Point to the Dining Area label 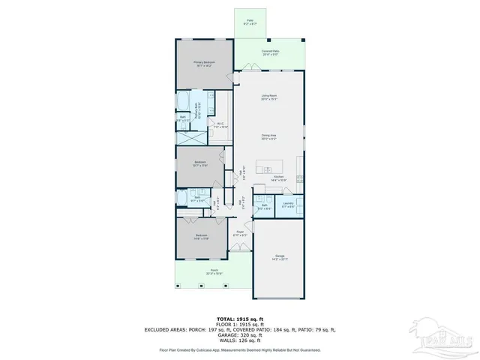click(x=271, y=137)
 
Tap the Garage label click(x=280, y=258)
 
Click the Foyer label click(x=241, y=233)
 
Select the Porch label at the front click(x=214, y=271)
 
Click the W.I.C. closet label click(x=220, y=125)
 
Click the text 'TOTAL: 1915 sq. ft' click(x=240, y=319)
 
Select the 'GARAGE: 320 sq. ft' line click(x=240, y=334)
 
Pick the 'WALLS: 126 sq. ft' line click(x=240, y=340)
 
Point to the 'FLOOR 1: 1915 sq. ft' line click(x=240, y=324)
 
